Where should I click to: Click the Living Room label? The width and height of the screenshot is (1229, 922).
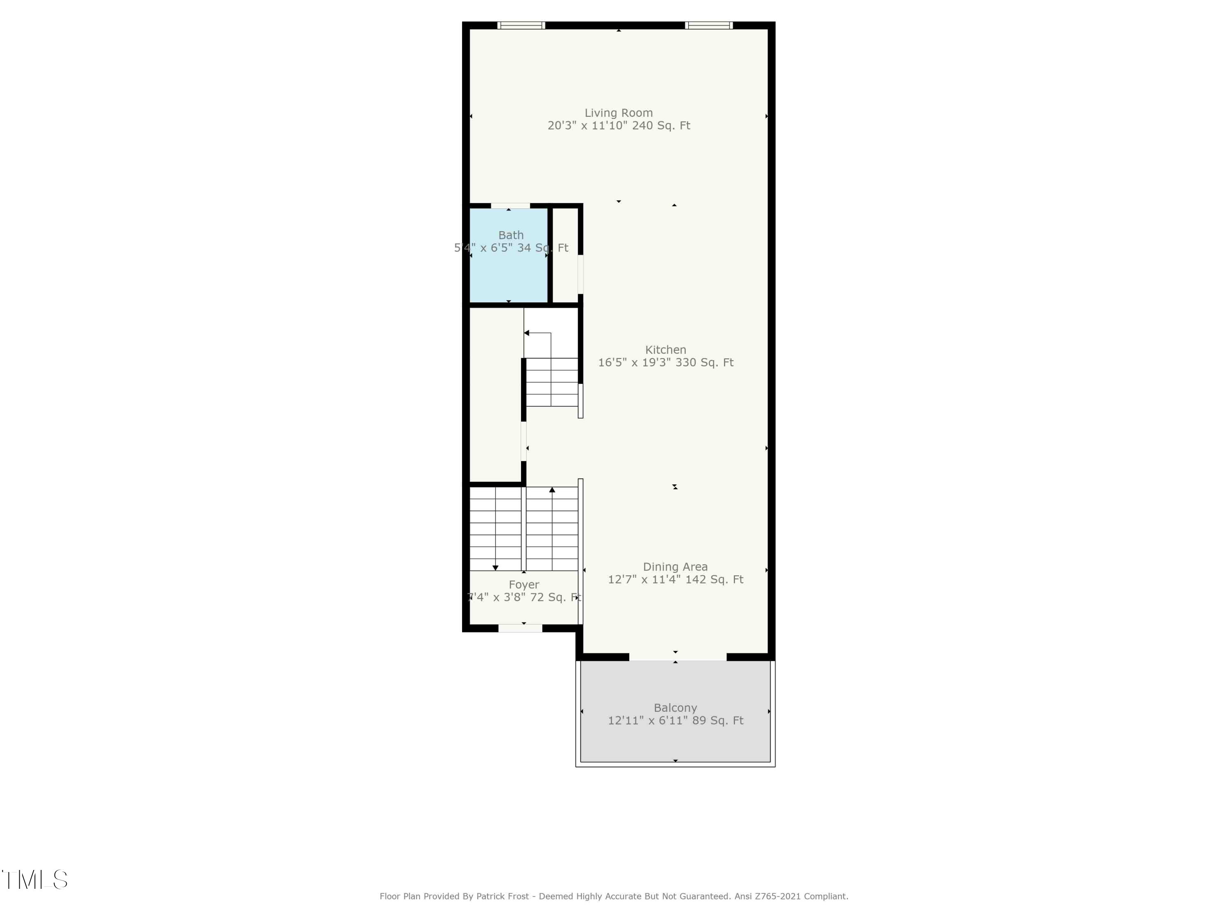618,113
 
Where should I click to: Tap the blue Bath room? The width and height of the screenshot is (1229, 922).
509,273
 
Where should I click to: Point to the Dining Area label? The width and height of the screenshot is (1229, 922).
675,566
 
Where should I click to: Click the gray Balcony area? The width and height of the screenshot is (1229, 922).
675,739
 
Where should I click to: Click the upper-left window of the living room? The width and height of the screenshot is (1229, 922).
521,25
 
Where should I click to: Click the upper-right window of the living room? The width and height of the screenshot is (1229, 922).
708,25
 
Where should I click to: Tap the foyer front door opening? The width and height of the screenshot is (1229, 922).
520,629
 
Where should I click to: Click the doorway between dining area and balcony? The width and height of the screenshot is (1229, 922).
677,657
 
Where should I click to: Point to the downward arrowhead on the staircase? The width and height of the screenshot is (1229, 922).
495,568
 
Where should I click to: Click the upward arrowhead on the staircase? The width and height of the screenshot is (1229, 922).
552,490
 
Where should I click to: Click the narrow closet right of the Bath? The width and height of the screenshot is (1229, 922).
565,256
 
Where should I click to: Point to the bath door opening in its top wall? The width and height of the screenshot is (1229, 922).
510,206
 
